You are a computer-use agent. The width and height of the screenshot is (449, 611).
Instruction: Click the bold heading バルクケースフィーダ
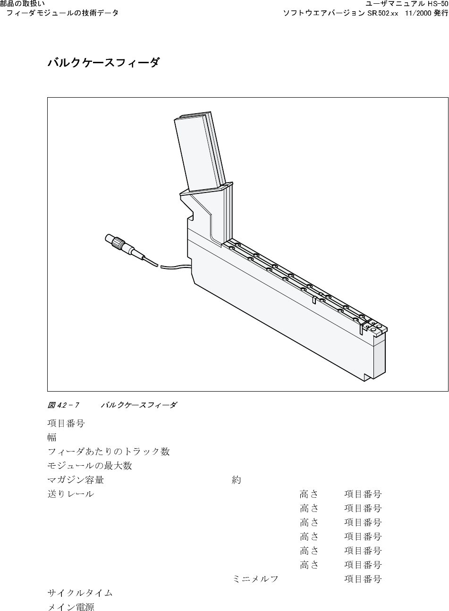coord(103,63)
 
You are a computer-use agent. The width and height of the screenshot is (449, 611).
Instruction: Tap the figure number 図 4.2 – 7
coord(63,405)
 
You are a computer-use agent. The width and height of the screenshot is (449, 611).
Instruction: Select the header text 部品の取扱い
coord(23,4)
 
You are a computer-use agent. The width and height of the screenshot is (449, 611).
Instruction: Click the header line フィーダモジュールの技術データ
coord(62,13)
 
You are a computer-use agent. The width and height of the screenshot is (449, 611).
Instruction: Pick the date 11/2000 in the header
coord(414,13)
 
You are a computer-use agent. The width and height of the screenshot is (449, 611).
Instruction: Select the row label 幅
coord(52,437)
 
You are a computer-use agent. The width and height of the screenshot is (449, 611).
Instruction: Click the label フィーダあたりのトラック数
coord(109,452)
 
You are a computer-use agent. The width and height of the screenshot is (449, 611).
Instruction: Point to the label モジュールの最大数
coord(90,466)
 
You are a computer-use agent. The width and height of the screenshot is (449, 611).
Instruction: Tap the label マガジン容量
coord(76,480)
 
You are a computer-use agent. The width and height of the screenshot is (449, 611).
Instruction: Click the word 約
coord(237,480)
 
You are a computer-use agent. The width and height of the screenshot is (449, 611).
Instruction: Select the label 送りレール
coord(71,494)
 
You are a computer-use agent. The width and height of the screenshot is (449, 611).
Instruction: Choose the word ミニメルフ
coord(255,579)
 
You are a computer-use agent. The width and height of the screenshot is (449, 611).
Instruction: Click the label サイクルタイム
coord(80,593)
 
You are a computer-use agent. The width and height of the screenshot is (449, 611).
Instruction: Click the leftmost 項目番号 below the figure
coord(66,423)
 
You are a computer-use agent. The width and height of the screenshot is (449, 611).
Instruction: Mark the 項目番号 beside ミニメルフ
coord(363,579)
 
